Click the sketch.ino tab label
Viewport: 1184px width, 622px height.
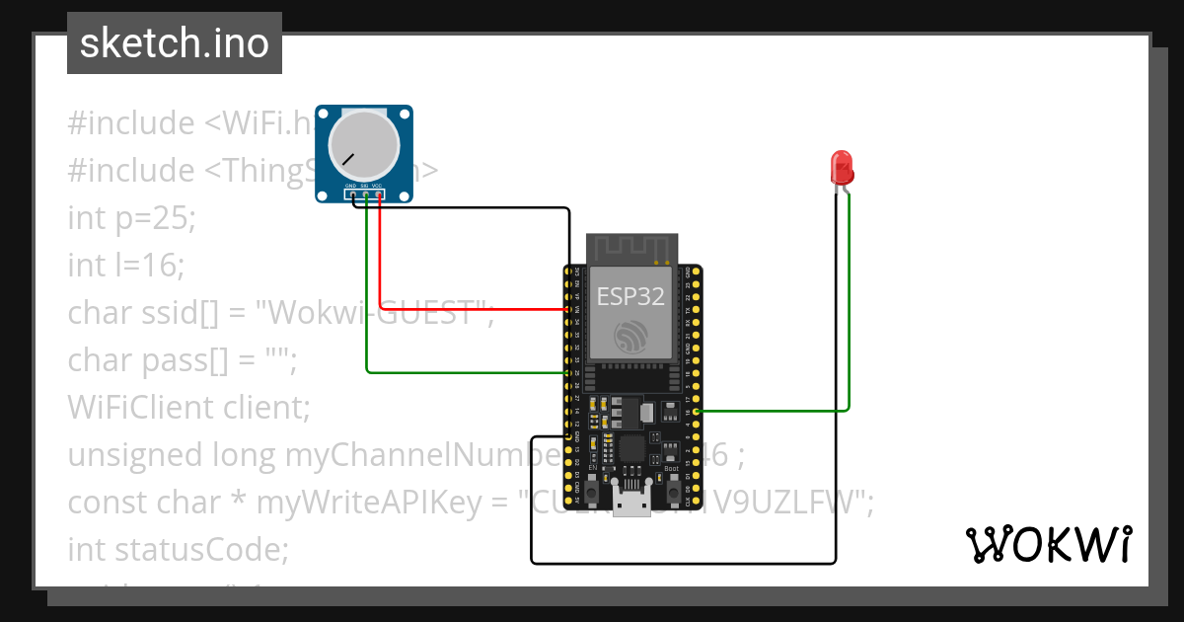click(175, 43)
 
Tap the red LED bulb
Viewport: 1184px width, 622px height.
click(842, 166)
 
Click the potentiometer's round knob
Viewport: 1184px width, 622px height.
click(363, 144)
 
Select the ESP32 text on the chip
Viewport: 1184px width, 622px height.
click(630, 295)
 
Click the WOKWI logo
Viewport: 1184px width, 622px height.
click(1048, 544)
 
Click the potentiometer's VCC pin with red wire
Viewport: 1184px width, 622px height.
click(379, 194)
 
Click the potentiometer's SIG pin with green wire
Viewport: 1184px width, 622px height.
click(365, 194)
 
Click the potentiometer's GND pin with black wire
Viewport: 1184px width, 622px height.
click(351, 194)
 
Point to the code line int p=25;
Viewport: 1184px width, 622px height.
click(132, 217)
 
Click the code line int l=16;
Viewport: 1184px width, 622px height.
click(126, 265)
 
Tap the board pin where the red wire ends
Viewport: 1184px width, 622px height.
click(568, 309)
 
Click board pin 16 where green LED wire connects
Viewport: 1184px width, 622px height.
click(697, 411)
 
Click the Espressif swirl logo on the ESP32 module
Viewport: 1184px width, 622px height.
click(630, 336)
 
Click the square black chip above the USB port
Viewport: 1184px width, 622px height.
click(631, 449)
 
